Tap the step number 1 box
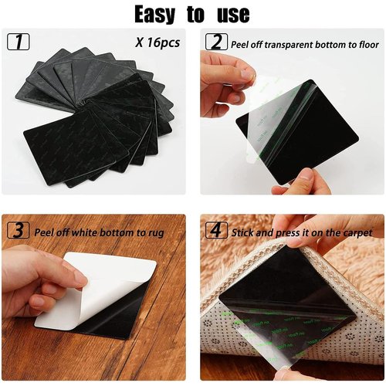tap(19, 42)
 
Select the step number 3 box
tap(19, 230)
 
